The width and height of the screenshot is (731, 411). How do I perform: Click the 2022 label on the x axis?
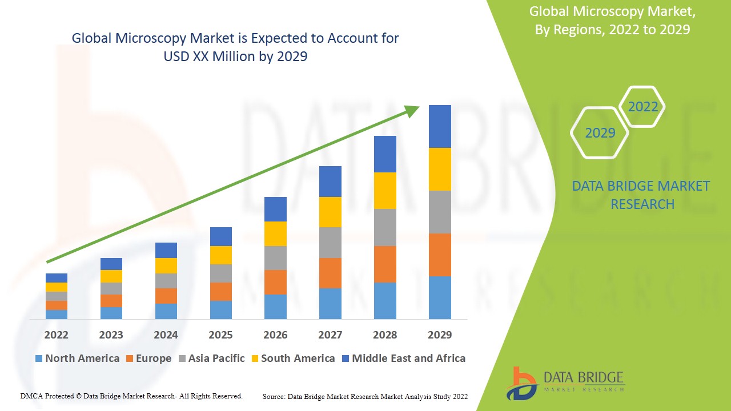[56, 335]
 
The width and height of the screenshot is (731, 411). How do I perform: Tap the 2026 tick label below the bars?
[275, 335]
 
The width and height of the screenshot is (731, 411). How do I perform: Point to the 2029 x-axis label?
[440, 335]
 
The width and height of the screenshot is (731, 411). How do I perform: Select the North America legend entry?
[77, 358]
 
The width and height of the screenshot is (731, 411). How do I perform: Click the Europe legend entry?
[148, 358]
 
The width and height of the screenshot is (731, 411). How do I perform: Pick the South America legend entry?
[292, 358]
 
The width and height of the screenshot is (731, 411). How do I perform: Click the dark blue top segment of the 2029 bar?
[440, 126]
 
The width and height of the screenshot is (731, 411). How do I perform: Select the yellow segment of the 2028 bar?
[385, 191]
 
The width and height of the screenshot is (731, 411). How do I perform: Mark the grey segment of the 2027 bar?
[330, 243]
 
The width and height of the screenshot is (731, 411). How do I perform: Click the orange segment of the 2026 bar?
[275, 282]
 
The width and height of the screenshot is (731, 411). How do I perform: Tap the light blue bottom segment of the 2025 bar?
[221, 309]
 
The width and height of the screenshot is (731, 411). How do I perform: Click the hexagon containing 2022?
[642, 107]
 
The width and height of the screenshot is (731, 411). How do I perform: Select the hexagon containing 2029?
[600, 132]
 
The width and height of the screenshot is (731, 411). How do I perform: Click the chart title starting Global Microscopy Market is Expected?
[235, 47]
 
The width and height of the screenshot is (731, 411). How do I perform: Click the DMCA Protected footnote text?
[131, 396]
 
